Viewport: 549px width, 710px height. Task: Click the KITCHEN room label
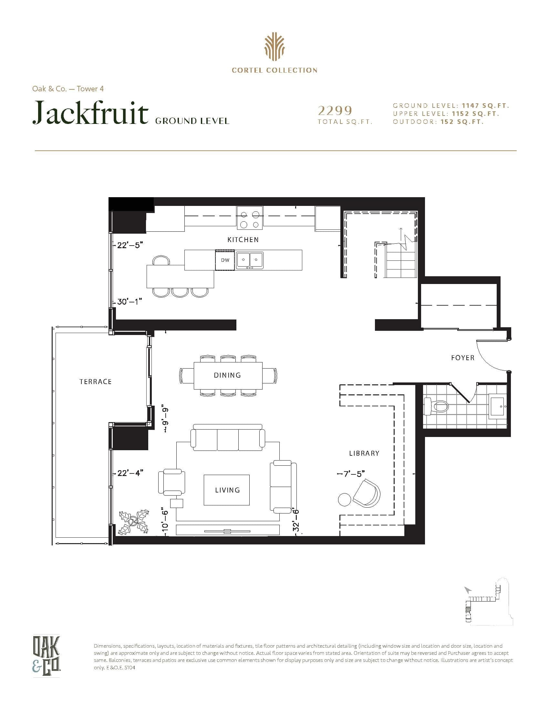243,239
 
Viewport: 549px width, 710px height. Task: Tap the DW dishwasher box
225,260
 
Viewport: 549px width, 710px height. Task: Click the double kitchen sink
249,260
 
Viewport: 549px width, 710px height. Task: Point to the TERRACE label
95,382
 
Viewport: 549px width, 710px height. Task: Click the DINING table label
227,375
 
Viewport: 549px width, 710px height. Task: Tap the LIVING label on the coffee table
227,490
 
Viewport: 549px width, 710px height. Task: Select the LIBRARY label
364,453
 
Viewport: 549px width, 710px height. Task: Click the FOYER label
462,358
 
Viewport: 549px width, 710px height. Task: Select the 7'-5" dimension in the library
350,474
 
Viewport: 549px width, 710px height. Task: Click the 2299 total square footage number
335,111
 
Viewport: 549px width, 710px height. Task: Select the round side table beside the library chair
344,499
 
